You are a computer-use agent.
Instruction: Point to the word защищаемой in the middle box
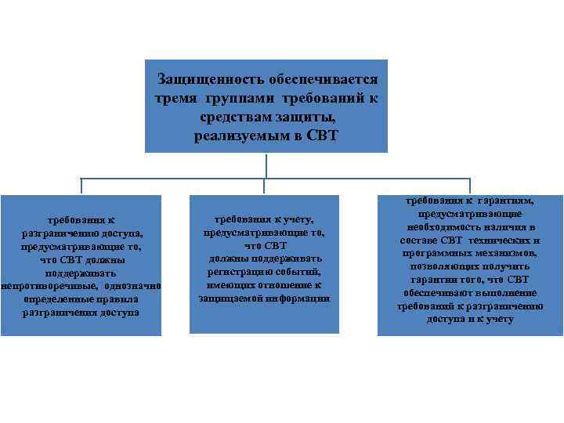230,298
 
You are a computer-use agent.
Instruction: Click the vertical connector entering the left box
81,186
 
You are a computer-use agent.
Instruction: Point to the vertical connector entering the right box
470,186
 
